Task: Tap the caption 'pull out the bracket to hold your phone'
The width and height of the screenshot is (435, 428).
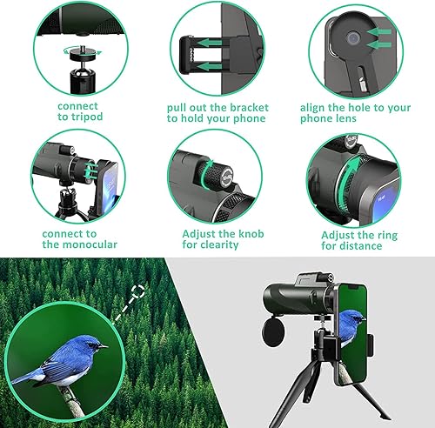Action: click(x=217, y=112)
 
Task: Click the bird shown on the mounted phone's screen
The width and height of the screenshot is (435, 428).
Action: click(x=350, y=326)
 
